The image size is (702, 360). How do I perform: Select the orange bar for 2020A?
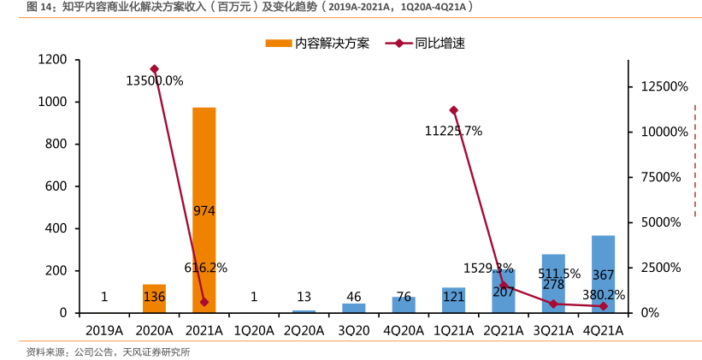pyautogui.click(x=154, y=298)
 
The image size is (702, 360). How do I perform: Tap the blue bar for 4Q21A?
pyautogui.click(x=603, y=274)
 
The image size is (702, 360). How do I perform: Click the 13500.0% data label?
pyautogui.click(x=155, y=81)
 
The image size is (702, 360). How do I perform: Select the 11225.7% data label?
pyautogui.click(x=453, y=131)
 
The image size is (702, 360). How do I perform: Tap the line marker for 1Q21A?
pyautogui.click(x=453, y=110)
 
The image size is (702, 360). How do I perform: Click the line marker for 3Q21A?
pyautogui.click(x=553, y=304)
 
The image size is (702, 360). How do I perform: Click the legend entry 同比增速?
pyautogui.click(x=425, y=43)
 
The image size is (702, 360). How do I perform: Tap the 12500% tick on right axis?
pyautogui.click(x=660, y=86)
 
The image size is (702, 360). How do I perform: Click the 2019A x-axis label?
pyautogui.click(x=104, y=330)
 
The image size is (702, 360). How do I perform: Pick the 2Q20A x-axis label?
pyautogui.click(x=304, y=330)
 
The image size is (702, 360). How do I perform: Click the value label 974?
pyautogui.click(x=204, y=210)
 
